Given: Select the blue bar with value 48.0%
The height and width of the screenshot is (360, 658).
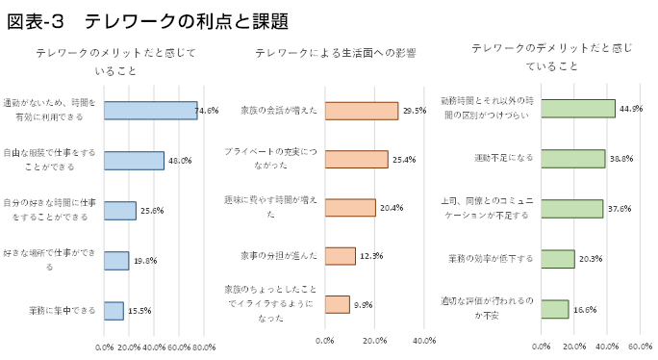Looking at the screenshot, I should (x=134, y=160).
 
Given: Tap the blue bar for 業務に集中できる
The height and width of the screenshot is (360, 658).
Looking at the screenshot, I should (x=114, y=310).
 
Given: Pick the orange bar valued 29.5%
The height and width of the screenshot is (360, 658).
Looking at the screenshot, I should (x=362, y=111).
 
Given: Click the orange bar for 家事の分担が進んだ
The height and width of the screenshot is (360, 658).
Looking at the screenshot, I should (x=341, y=255).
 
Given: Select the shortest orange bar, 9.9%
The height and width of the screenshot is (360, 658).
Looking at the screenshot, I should (x=337, y=304).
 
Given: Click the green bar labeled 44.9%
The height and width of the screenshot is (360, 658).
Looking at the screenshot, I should (x=578, y=108).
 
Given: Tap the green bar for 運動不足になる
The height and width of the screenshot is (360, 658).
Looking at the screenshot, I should (x=573, y=159).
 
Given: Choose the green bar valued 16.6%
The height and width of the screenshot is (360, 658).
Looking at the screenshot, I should (x=555, y=309).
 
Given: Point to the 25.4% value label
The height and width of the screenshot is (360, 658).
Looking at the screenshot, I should (x=403, y=160).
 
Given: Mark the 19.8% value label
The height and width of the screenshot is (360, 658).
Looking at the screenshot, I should (x=144, y=261).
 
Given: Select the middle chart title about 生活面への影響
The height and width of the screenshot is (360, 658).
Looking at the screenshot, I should (x=335, y=54).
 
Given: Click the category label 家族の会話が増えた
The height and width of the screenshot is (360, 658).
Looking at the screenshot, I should (x=279, y=110).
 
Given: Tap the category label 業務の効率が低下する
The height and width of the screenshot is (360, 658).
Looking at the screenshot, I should (x=491, y=259).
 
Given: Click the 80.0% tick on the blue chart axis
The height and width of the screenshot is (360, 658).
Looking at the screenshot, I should (x=204, y=347).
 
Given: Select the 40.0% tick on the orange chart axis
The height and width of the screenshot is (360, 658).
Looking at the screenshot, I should (x=424, y=340).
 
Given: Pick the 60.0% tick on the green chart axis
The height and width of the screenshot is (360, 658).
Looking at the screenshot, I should (x=640, y=347).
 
